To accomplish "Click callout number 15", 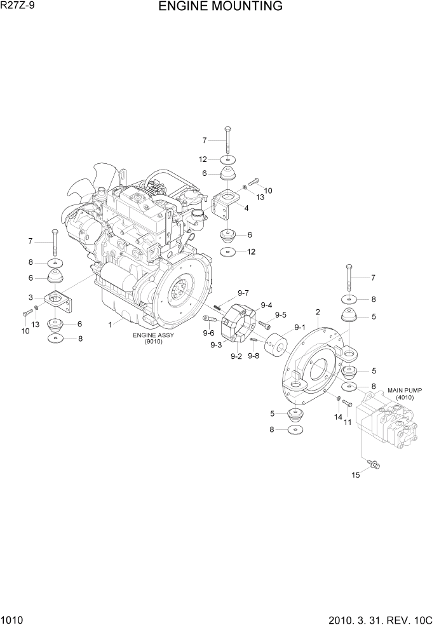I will [356, 474].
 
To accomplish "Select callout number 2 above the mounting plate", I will [317, 311].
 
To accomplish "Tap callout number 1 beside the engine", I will [110, 324].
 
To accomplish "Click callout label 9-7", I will [243, 293].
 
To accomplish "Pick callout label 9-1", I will [299, 328].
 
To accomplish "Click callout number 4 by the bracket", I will [245, 206].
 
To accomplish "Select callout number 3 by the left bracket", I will [30, 297].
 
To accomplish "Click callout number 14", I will [338, 417].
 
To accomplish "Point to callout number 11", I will [348, 421].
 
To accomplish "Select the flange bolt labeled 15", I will [374, 467].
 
